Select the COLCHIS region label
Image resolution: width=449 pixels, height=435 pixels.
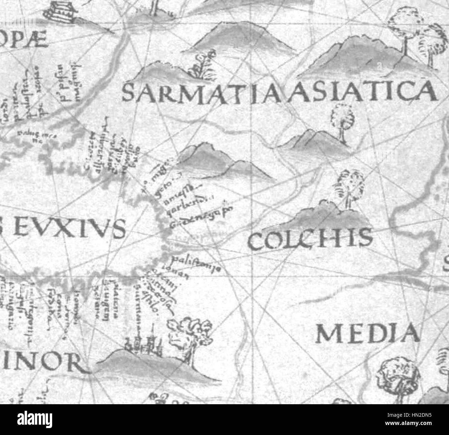[x=310, y=240]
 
